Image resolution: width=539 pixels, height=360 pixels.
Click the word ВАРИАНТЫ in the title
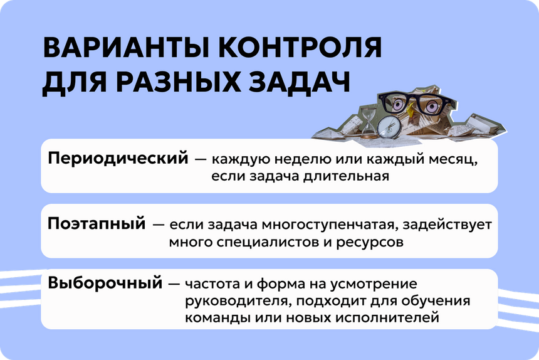tap(126, 47)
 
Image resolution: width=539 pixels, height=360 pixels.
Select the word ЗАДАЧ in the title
tap(299, 83)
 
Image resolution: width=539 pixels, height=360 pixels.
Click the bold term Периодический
tap(118, 159)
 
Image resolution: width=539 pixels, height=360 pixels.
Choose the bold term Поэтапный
tap(97, 224)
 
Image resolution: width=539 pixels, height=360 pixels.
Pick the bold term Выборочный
tap(105, 283)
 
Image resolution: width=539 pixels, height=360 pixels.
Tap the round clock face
tap(389, 127)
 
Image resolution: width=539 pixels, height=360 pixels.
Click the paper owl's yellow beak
tap(410, 110)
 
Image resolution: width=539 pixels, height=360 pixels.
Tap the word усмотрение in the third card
tap(374, 284)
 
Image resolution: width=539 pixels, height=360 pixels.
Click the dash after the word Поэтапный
tap(158, 225)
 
